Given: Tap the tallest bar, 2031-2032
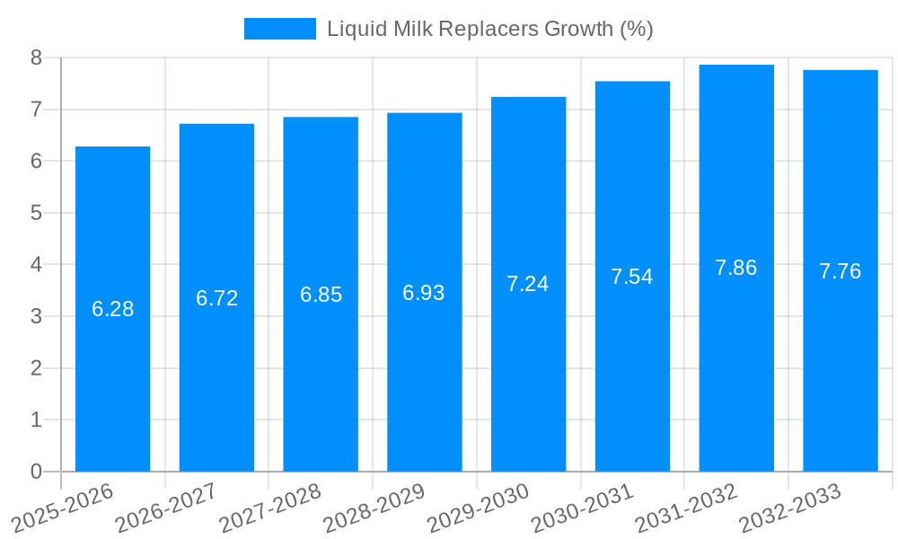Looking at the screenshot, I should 736,359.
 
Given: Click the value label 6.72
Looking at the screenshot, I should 216,298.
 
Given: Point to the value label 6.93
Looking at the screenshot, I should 424,293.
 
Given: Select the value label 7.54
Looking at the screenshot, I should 632,277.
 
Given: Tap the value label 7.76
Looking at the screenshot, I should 840,271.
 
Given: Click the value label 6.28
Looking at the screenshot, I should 112,309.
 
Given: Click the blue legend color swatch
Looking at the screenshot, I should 279,29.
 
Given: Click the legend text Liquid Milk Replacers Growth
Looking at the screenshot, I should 489,29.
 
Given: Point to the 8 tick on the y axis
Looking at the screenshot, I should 36,57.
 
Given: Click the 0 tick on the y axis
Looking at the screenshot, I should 36,472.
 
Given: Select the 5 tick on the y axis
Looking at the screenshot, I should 36,213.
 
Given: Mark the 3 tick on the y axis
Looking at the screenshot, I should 36,316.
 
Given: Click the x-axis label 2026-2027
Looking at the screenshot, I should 167,508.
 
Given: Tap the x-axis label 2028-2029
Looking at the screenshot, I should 374,508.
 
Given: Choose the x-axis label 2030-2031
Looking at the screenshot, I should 583,508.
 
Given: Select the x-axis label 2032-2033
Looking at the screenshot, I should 790,508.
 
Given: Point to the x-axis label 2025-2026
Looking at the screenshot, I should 63,508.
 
